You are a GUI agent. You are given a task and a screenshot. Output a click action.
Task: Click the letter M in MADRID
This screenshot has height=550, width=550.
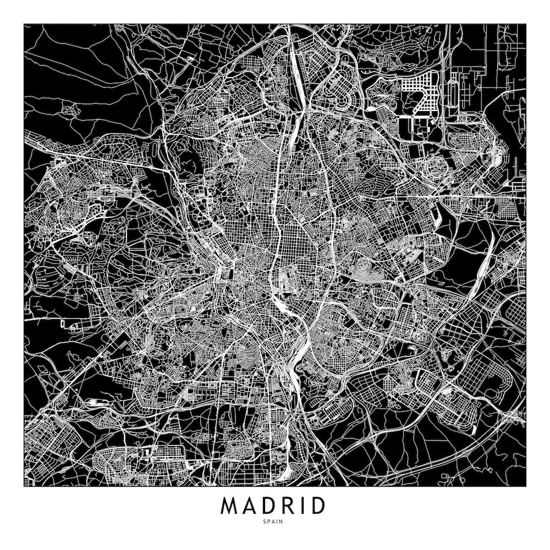click(x=230, y=506)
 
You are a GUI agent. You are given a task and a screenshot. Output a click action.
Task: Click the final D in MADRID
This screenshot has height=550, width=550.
click(x=318, y=506)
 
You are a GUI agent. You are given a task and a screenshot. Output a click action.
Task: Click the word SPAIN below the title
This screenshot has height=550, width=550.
click(x=274, y=521)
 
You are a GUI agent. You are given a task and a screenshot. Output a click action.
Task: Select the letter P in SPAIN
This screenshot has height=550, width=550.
click(x=270, y=521)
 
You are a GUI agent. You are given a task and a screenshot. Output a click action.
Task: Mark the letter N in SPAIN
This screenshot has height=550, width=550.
click(x=283, y=521)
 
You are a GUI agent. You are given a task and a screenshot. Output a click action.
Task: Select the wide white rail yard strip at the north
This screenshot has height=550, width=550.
click(x=297, y=66)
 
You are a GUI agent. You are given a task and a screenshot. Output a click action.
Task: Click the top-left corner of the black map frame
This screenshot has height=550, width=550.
click(x=24, y=24)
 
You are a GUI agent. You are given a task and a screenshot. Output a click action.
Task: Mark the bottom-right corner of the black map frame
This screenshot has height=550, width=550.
click(x=526, y=487)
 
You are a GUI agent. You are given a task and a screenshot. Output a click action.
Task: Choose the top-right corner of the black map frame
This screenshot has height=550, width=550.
click(x=526, y=24)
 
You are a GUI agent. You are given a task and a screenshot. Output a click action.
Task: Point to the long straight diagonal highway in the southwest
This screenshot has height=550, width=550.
click(x=82, y=374)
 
